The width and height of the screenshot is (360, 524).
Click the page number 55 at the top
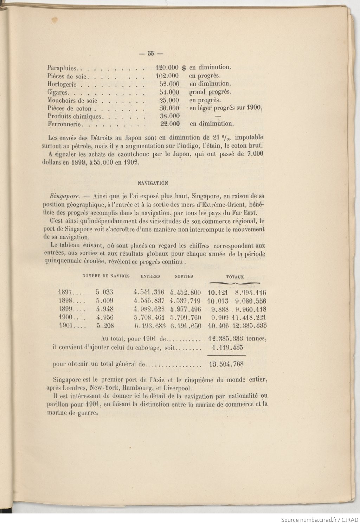tap(151, 54)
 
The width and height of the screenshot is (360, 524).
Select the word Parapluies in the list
tap(62, 68)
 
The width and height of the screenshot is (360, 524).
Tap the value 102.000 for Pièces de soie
tap(167, 76)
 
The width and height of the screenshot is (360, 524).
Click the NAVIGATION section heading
tap(153, 183)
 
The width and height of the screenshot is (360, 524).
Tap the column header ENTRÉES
tap(150, 276)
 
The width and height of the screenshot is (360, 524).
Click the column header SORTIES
tap(184, 276)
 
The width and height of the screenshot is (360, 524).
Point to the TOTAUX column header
tap(235, 277)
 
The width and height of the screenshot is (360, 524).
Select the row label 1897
tap(65, 292)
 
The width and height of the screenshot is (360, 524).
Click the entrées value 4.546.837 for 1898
tap(149, 301)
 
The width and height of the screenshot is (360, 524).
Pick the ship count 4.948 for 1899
tap(105, 309)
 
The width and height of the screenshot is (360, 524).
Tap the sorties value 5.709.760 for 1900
tap(185, 318)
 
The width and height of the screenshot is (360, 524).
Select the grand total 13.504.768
tap(226, 364)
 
